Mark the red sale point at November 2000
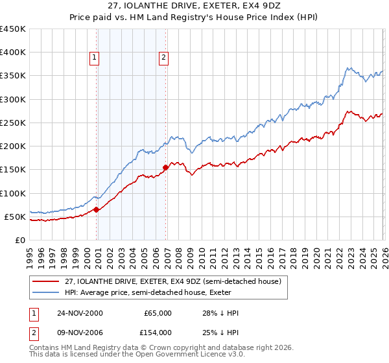tap(97, 209)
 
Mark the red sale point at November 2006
tap(165, 168)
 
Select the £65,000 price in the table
tap(158, 313)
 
